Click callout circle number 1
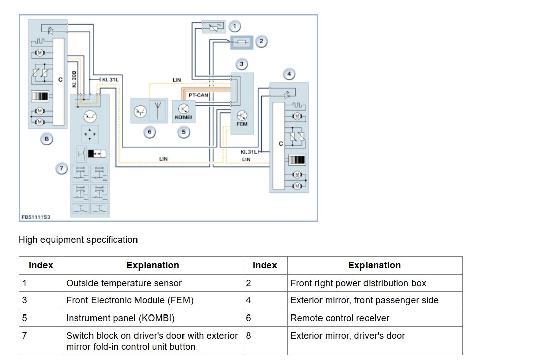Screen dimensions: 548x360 click(x=235, y=26)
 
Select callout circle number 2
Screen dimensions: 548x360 click(x=261, y=41)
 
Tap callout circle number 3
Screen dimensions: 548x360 click(x=242, y=64)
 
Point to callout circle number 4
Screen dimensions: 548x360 click(x=289, y=74)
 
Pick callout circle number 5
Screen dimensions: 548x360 click(x=184, y=132)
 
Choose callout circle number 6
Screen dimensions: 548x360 click(x=150, y=132)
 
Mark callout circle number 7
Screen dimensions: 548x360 click(x=62, y=169)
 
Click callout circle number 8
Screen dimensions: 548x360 click(x=47, y=139)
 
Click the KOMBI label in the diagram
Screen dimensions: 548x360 click(x=184, y=117)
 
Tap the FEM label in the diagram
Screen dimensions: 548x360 click(x=242, y=124)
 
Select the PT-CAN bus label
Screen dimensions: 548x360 click(x=198, y=95)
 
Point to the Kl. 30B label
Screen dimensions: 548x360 click(x=74, y=79)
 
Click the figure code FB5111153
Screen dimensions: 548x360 click(x=36, y=217)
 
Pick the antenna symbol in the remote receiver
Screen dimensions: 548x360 click(x=158, y=110)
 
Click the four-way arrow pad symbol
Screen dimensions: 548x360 click(x=90, y=134)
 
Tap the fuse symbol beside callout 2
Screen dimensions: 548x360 click(x=242, y=42)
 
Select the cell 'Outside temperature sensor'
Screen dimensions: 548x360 click(x=124, y=283)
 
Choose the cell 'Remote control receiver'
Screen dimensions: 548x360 click(x=340, y=318)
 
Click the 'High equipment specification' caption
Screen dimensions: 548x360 click(x=78, y=240)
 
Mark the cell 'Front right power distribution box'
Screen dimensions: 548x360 click(x=358, y=283)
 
